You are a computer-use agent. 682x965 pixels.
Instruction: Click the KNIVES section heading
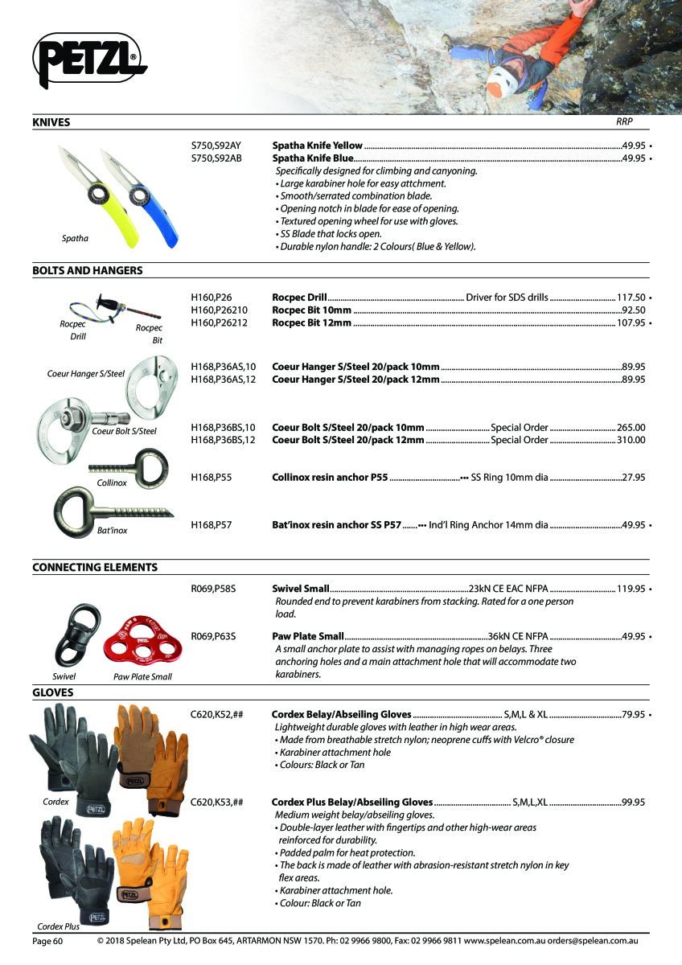51,122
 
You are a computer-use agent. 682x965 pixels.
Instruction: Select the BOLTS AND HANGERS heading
87,270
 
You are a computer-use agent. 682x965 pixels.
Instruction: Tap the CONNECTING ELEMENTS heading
94,567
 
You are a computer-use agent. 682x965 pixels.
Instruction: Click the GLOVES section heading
52,692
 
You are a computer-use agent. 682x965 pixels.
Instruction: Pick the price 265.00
631,427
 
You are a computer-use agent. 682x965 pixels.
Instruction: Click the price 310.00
631,440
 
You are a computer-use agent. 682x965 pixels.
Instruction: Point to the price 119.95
631,589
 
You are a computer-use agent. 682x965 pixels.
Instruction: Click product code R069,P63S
213,636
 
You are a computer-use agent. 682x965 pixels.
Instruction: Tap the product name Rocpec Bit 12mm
312,323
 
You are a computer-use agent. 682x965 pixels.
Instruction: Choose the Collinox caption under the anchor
112,482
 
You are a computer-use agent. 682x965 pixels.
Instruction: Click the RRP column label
624,122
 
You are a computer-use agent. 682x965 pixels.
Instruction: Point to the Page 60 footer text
47,940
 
